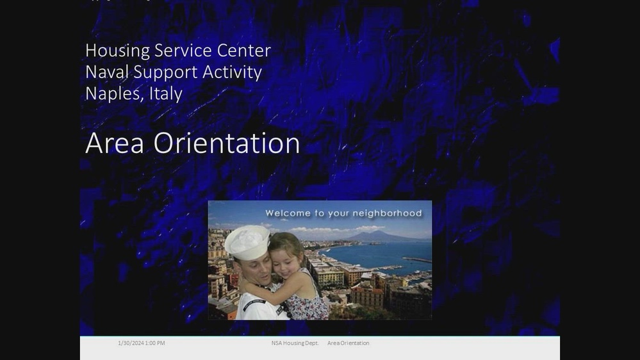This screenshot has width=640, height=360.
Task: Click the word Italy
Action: tap(166, 94)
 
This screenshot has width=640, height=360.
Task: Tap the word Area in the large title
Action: tap(115, 143)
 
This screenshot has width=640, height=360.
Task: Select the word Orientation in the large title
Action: tap(227, 143)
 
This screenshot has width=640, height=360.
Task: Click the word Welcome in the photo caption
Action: tap(288, 213)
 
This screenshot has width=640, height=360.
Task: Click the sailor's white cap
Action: tap(247, 241)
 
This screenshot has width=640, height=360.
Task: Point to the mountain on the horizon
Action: tap(378, 235)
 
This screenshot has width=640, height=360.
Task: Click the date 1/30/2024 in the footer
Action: tap(131, 343)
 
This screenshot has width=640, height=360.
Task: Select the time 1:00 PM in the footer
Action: tap(155, 343)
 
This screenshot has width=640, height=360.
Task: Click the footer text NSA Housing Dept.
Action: tap(295, 343)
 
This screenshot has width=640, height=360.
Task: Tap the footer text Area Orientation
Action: tap(348, 343)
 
